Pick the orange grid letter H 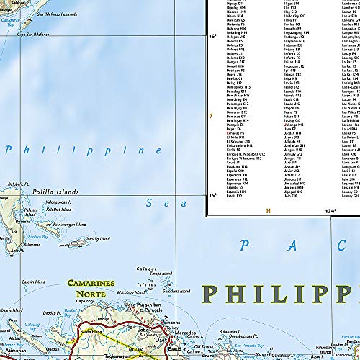click(268, 211)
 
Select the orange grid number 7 click(210, 116)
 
